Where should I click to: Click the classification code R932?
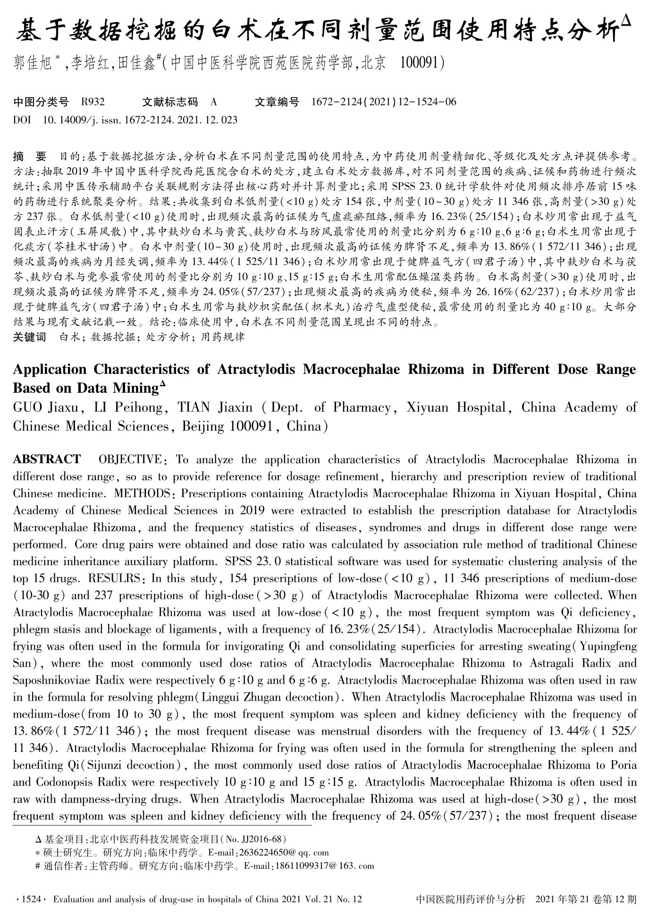click(93, 102)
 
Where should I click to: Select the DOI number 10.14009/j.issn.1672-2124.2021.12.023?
click(140, 120)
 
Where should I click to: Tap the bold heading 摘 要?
click(30, 156)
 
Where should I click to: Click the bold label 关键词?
click(29, 337)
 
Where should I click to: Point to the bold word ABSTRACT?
click(47, 459)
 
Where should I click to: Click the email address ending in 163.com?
click(323, 865)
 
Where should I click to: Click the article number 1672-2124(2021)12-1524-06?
click(384, 102)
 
